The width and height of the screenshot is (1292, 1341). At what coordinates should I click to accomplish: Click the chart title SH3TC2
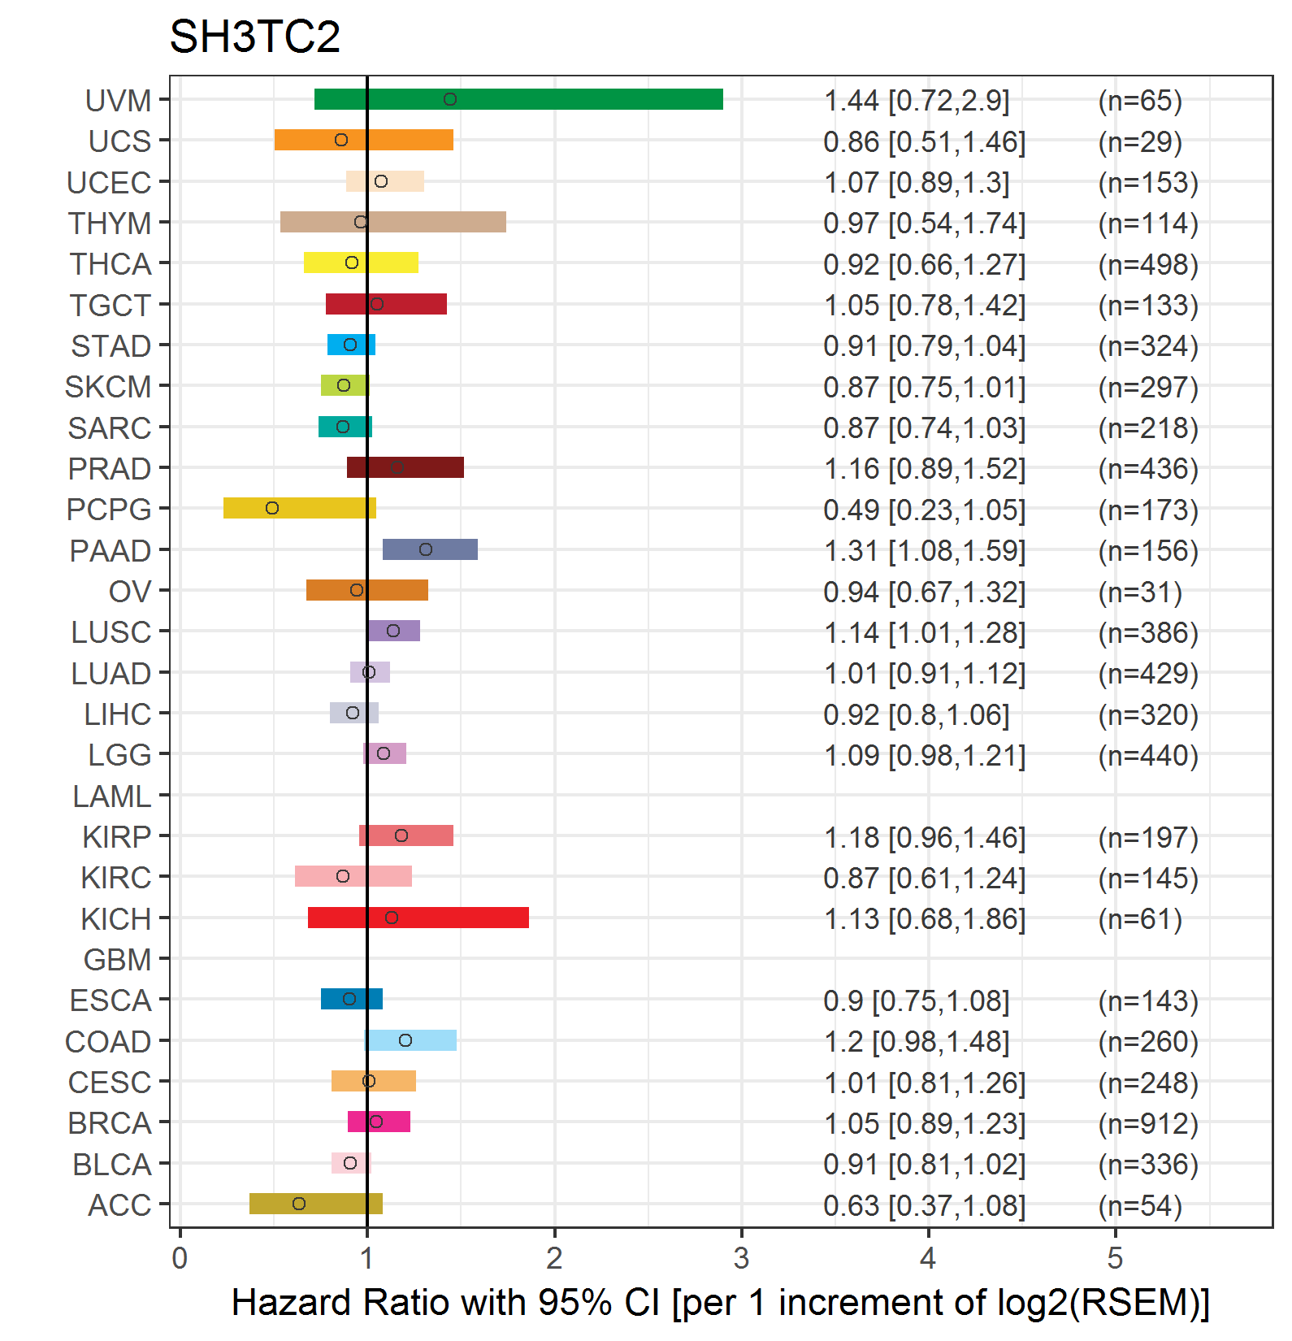(x=254, y=37)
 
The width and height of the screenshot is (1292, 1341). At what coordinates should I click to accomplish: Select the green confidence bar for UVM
(x=518, y=99)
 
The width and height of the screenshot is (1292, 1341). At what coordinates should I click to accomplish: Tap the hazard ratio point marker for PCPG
(x=272, y=508)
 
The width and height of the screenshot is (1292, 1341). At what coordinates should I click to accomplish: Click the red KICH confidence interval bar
(x=418, y=918)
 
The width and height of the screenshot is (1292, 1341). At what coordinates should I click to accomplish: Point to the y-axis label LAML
(x=112, y=796)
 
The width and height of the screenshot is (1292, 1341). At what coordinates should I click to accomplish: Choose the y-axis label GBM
(x=118, y=960)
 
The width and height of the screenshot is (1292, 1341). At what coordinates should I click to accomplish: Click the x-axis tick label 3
(x=741, y=1258)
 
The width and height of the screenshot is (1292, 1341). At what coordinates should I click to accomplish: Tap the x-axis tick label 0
(x=180, y=1258)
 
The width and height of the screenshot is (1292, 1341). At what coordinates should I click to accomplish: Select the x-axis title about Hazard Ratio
(x=721, y=1303)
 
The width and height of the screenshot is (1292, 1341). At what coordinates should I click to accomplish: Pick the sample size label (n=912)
(x=1148, y=1123)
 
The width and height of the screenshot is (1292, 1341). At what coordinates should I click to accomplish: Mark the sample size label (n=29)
(x=1140, y=142)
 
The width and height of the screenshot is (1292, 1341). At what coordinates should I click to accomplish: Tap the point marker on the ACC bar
(x=299, y=1204)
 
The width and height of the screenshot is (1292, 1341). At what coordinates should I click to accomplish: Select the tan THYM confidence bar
(x=393, y=222)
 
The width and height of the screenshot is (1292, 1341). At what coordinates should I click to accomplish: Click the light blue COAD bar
(x=411, y=1040)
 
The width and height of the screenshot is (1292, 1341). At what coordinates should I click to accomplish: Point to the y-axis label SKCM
(x=108, y=387)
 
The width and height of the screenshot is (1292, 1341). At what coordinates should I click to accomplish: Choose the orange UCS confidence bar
(x=364, y=140)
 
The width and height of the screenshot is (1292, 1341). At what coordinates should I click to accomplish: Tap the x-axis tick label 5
(x=1115, y=1258)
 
